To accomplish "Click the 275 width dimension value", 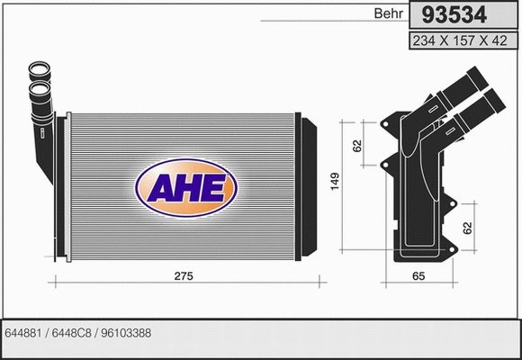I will pos(184,275).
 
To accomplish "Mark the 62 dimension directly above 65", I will pos(468,229).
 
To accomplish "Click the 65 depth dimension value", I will pos(417,275).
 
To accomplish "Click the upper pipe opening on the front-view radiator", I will pos(40,69).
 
